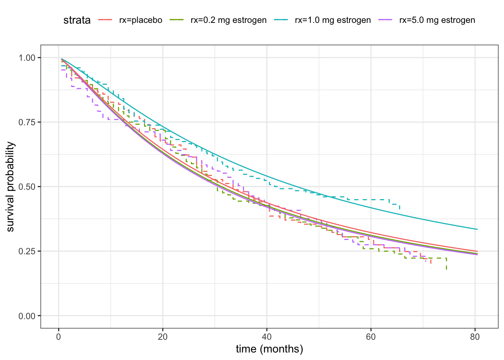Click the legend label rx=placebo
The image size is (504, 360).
141,20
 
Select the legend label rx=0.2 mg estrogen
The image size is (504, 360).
228,20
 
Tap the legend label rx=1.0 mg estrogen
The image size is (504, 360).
333,20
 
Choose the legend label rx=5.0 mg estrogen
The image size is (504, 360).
437,20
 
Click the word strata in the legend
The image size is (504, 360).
77,20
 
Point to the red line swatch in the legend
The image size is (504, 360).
105,20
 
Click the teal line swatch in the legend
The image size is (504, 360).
281,20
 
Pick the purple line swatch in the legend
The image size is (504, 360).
385,20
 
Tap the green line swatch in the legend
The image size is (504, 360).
177,20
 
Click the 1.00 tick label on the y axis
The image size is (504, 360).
27,58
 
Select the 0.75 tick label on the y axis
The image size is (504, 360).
27,122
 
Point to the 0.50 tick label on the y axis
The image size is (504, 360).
27,187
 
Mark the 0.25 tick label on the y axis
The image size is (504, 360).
27,251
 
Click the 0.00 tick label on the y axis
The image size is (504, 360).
27,316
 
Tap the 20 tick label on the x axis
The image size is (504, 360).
163,337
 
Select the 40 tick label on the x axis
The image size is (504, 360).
267,337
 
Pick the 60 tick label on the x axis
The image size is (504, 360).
371,337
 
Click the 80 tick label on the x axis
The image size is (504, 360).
475,337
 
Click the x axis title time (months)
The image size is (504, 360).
269,349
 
